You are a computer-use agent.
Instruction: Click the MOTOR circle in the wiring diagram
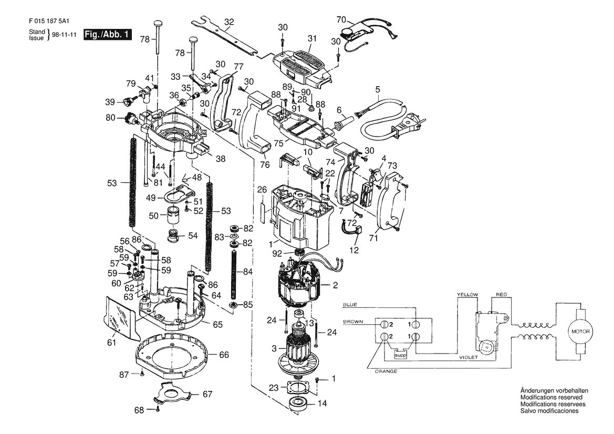580,332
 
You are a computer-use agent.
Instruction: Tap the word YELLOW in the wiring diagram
467,295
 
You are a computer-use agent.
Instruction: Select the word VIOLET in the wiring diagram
469,358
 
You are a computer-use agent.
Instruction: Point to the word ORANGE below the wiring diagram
386,371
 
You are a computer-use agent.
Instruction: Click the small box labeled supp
400,355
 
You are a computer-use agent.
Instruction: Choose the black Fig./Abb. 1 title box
107,35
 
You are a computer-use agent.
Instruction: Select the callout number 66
224,355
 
